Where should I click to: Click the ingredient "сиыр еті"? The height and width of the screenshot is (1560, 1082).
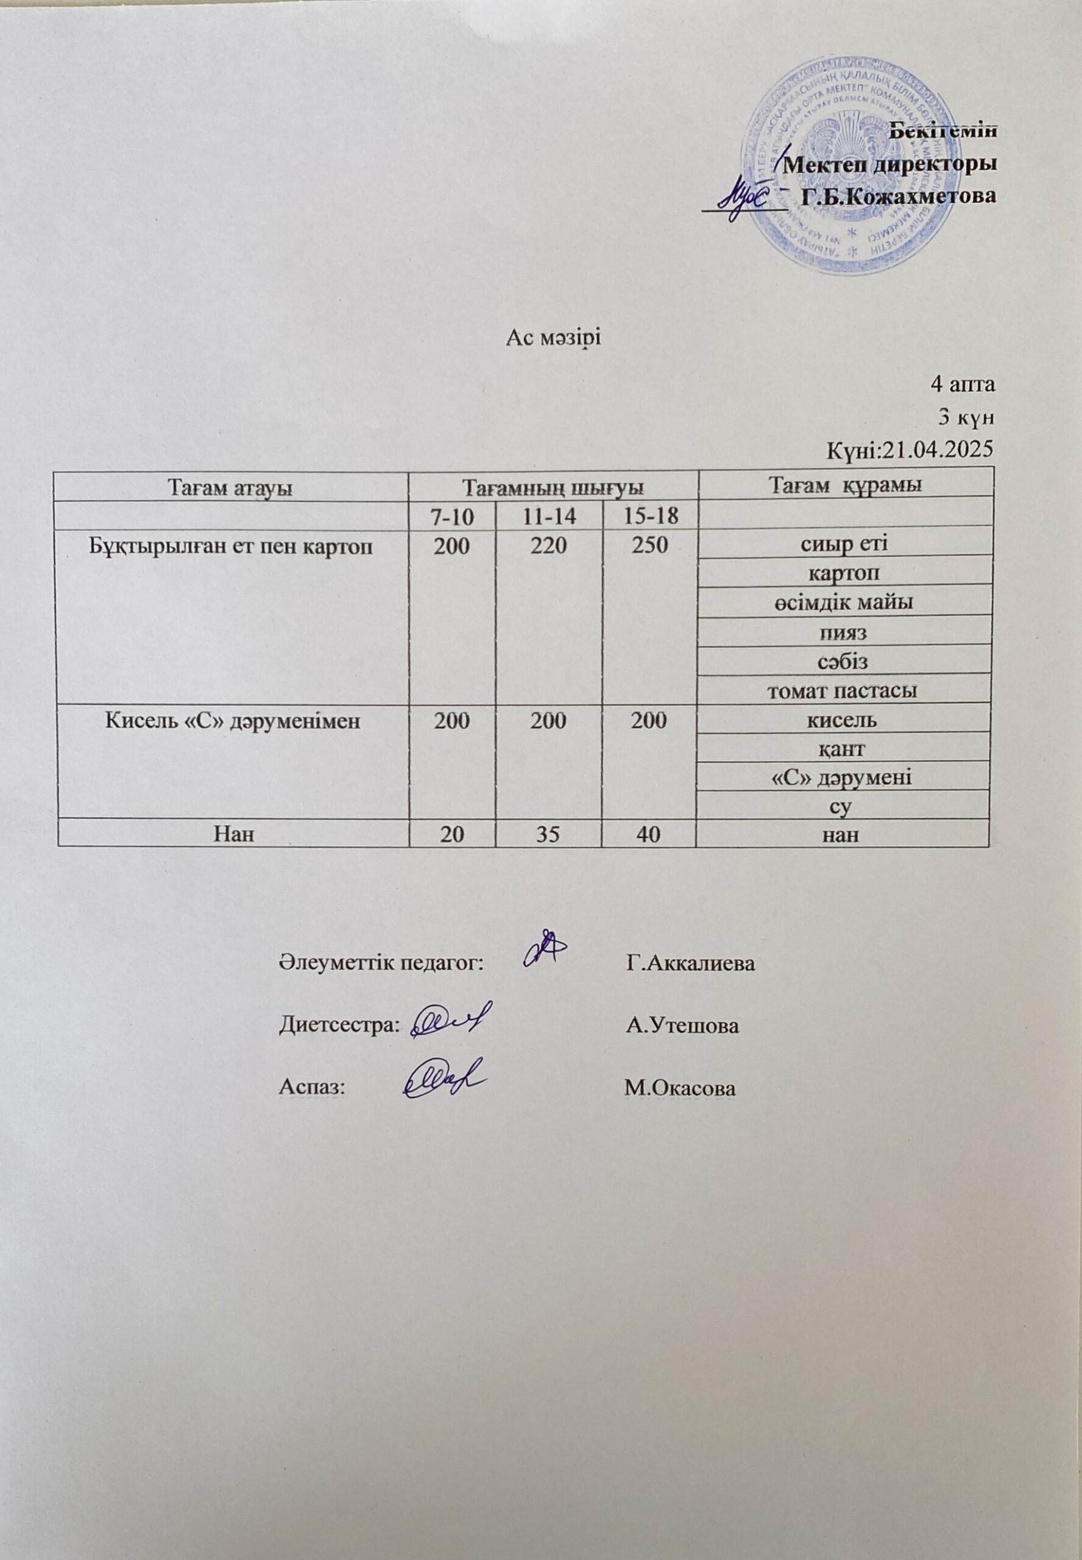tap(843, 544)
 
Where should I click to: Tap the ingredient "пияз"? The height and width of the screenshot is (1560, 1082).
tap(843, 632)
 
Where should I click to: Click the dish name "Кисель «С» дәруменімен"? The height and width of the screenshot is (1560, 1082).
tap(233, 720)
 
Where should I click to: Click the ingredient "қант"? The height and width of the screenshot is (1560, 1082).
tap(843, 748)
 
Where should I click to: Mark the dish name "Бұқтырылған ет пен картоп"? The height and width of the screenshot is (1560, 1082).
tap(233, 547)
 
